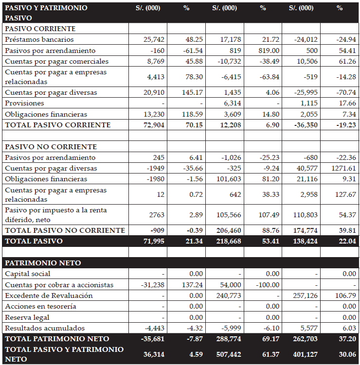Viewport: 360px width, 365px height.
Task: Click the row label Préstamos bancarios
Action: (x=39, y=39)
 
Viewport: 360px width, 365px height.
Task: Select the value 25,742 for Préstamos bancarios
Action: (x=154, y=39)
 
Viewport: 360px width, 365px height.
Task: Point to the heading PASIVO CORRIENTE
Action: (x=40, y=29)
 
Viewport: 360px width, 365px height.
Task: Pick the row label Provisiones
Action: (x=24, y=103)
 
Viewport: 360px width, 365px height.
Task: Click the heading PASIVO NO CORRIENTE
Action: (x=51, y=147)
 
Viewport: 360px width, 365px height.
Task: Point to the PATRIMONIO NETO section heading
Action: (x=43, y=263)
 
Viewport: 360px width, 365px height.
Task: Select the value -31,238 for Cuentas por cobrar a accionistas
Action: (x=152, y=285)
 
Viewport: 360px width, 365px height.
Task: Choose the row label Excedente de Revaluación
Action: (x=49, y=295)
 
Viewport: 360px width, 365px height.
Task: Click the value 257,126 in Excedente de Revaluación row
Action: (x=304, y=295)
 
